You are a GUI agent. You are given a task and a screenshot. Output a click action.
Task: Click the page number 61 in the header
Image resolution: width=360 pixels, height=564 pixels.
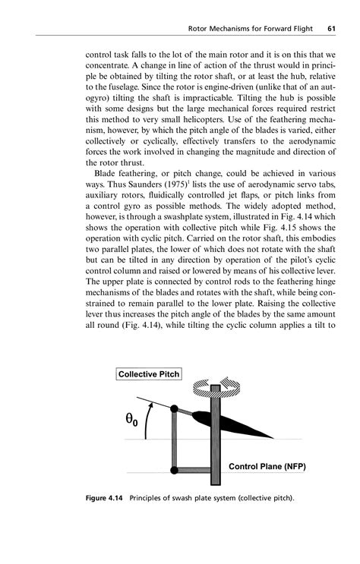[x=332, y=30]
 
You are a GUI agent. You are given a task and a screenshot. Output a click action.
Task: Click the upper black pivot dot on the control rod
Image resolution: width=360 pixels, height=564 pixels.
[x=175, y=409]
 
